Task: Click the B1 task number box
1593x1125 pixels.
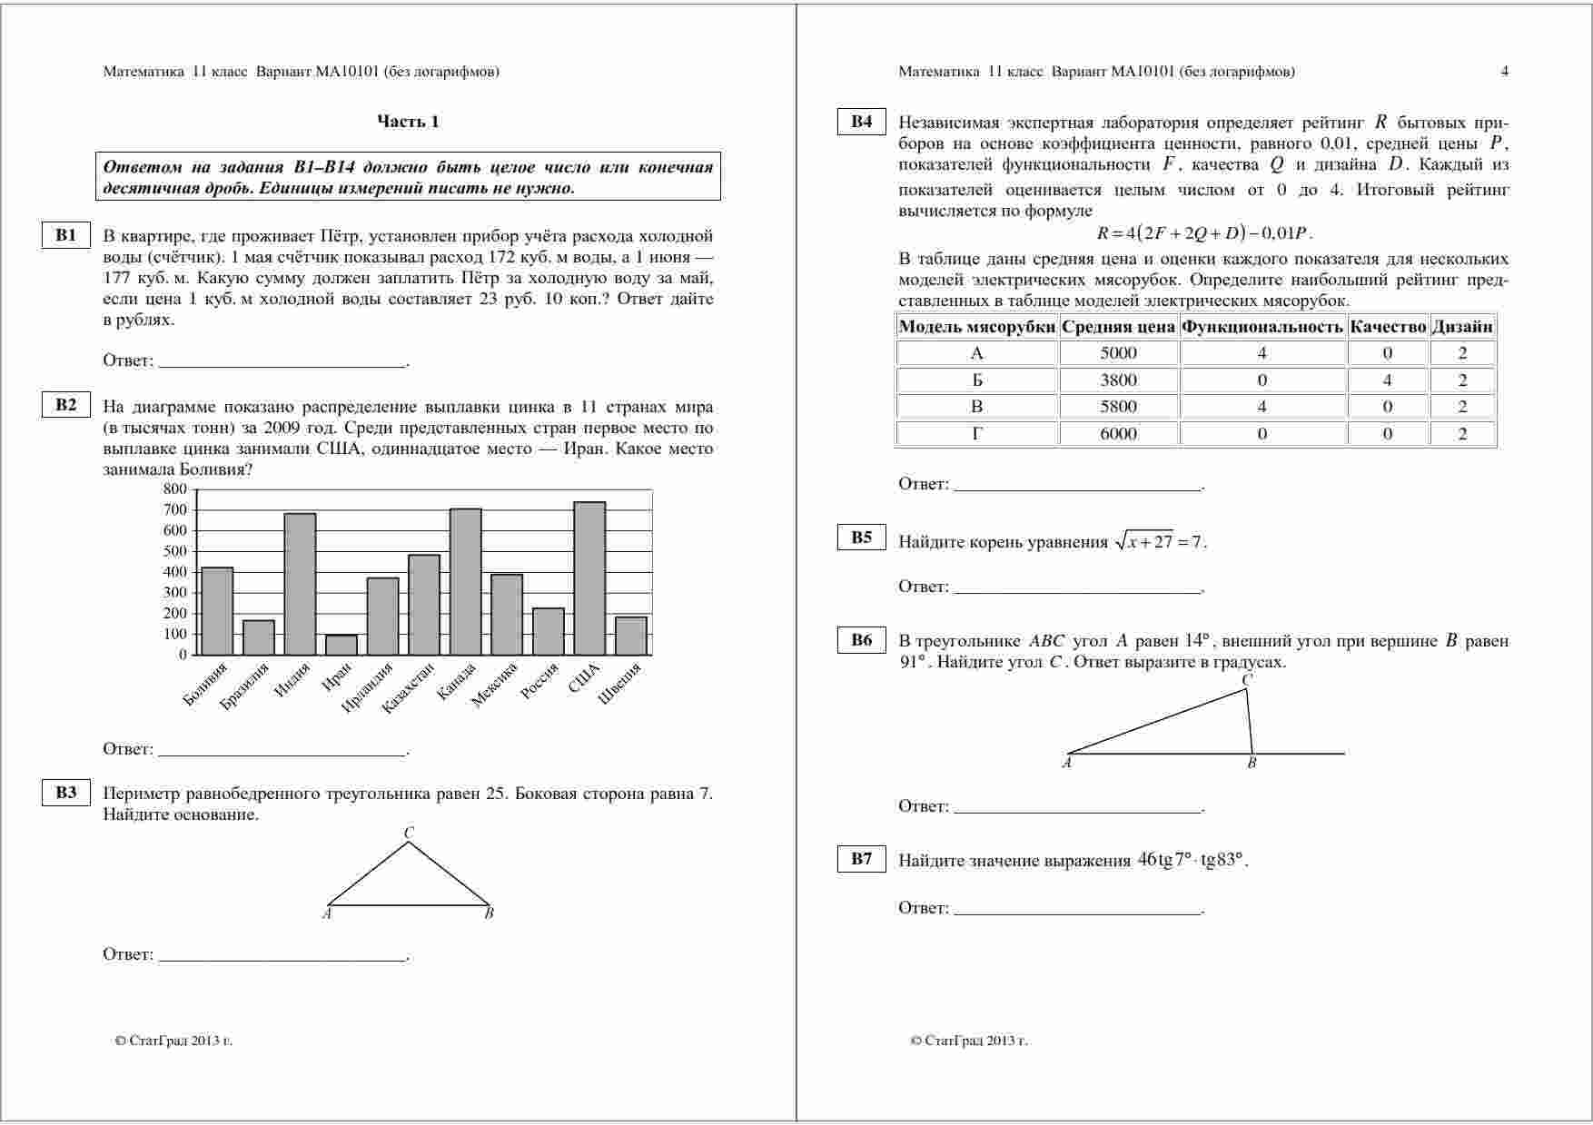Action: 66,235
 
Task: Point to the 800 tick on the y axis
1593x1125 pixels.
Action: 175,489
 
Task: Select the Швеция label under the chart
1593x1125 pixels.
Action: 620,683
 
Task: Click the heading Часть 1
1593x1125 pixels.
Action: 408,122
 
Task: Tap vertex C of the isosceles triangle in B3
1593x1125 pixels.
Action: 409,833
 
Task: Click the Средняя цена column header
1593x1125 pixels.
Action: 1118,327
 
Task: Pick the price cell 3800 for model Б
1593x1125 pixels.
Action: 1118,380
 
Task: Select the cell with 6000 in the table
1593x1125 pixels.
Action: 1118,434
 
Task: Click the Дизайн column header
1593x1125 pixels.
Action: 1462,327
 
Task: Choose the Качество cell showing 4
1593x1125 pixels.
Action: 1387,380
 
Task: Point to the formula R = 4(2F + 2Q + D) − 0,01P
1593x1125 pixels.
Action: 1204,233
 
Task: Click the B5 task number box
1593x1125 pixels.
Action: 861,538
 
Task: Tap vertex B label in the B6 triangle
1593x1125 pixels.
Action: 1252,764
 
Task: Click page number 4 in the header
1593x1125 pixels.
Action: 1505,72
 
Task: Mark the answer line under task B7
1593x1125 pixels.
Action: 1079,909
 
